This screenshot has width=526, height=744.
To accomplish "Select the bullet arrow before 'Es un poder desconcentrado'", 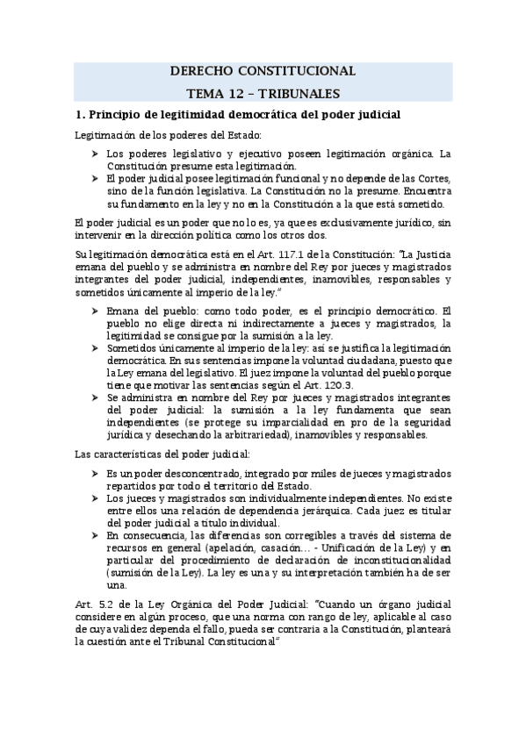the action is tap(94, 473).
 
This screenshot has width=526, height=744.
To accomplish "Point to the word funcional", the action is tap(253, 177).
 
